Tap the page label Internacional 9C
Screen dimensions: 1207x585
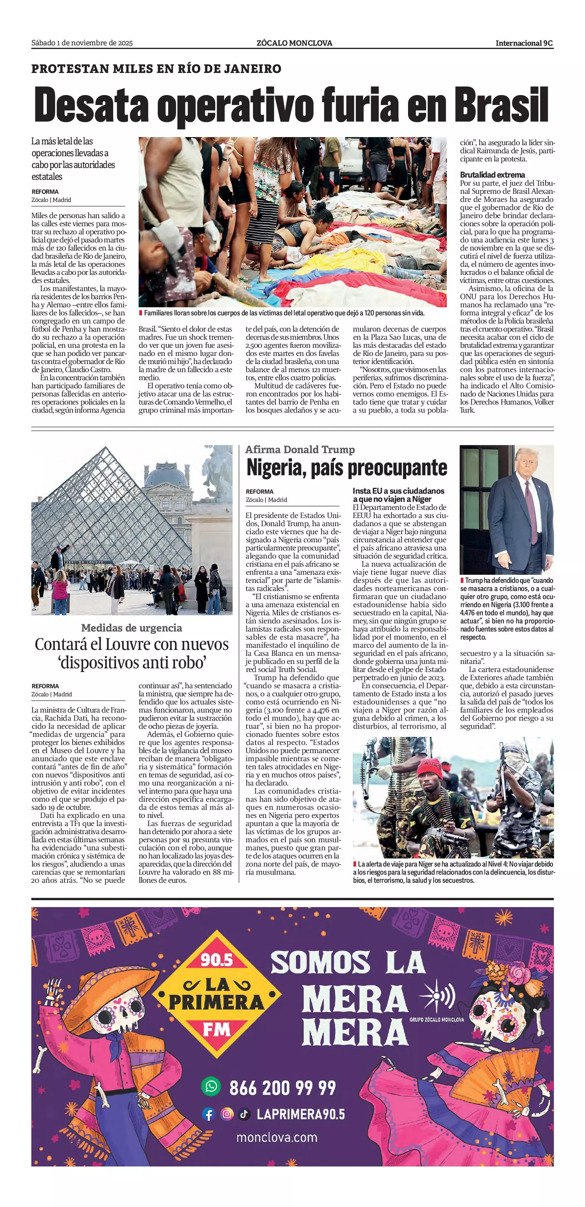point(524,43)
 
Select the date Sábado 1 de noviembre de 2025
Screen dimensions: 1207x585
point(82,43)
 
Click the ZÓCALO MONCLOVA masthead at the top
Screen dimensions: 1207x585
point(295,43)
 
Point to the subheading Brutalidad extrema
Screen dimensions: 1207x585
point(492,175)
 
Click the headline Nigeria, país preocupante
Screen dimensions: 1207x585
point(347,468)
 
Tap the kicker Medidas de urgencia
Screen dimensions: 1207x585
point(132,628)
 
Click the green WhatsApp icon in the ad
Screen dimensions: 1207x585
point(211,1086)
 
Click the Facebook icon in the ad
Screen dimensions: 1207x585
point(209,1114)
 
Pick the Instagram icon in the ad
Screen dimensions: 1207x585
point(227,1114)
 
